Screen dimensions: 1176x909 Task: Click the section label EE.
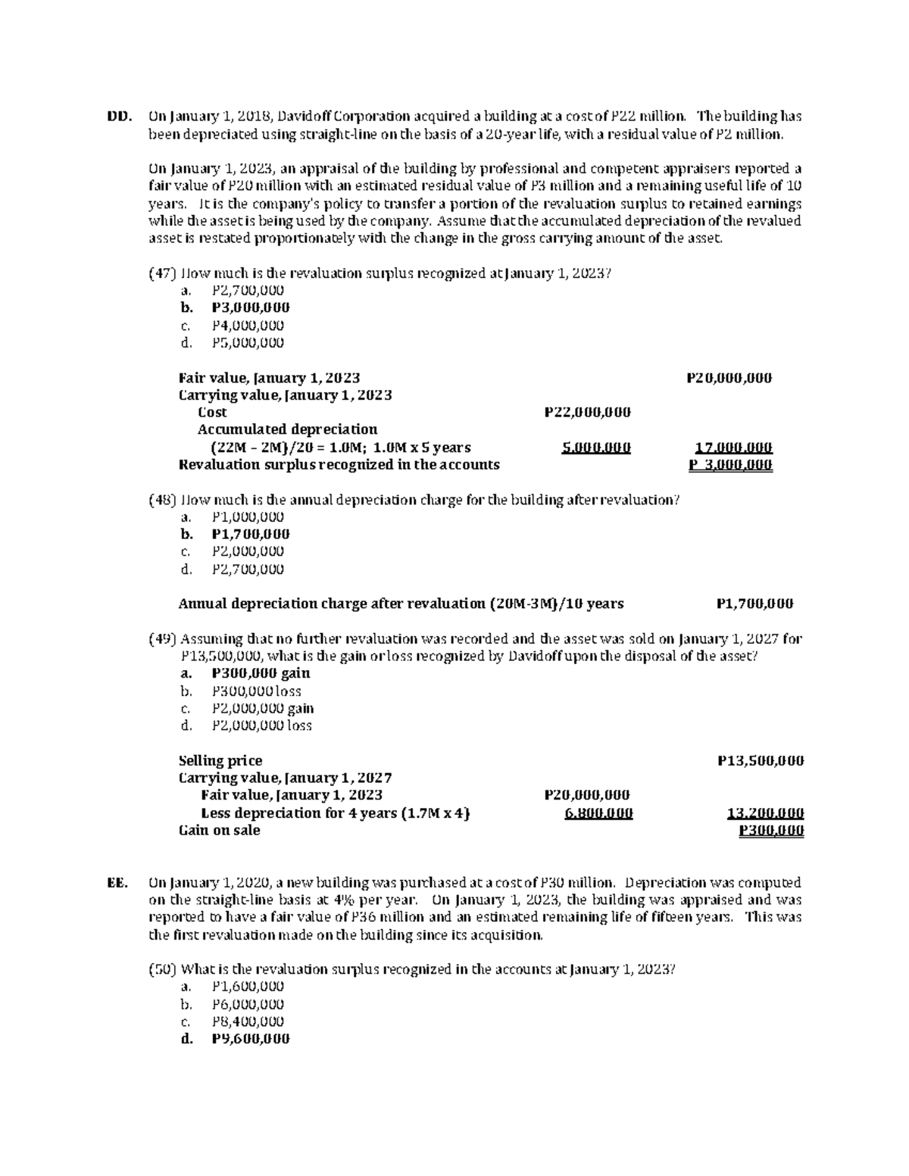[117, 883]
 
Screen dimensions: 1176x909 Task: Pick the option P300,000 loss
[256, 691]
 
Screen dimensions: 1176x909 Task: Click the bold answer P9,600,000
[251, 1039]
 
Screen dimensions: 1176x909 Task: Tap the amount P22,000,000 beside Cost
[587, 413]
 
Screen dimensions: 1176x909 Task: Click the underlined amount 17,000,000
[733, 448]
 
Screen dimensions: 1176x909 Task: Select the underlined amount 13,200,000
[765, 813]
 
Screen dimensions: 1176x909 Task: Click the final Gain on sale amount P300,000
[771, 831]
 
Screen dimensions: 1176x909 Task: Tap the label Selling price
[220, 761]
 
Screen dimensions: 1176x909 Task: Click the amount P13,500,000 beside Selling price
[760, 761]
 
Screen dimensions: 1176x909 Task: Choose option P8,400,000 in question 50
[248, 1022]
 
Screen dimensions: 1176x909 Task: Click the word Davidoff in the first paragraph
[304, 117]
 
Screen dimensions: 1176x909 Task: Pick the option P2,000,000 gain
[263, 709]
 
